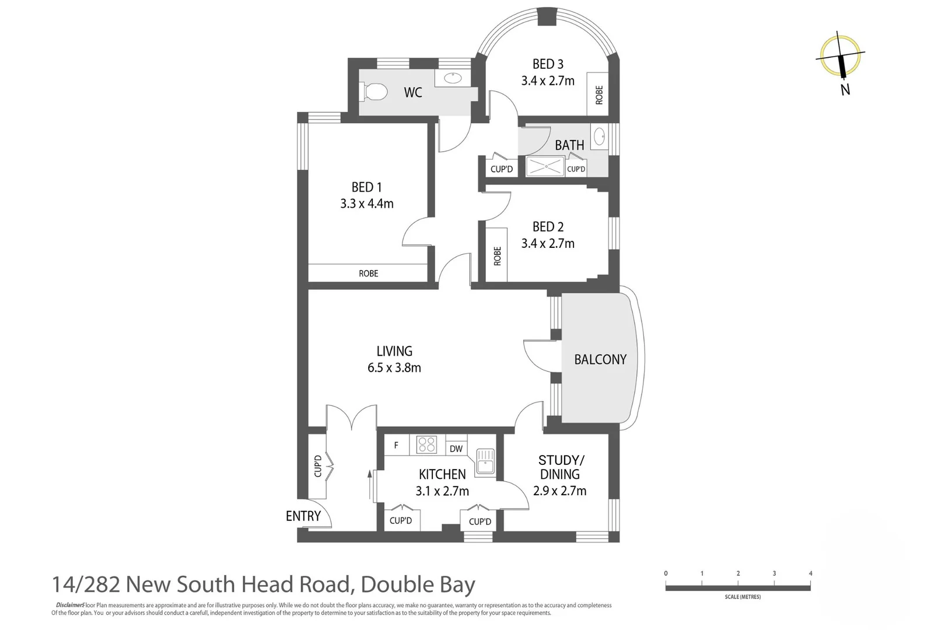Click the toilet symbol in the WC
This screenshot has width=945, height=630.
click(x=376, y=92)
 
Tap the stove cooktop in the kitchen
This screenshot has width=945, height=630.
click(x=426, y=444)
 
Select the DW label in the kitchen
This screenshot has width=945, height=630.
click(x=456, y=449)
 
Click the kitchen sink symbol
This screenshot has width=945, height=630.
click(x=485, y=461)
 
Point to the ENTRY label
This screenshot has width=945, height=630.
click(x=303, y=516)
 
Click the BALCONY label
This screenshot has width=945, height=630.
click(x=600, y=359)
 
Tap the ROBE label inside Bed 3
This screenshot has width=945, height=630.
click(x=599, y=94)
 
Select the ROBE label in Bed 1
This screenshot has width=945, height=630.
click(x=368, y=273)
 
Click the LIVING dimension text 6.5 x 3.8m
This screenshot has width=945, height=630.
click(x=394, y=367)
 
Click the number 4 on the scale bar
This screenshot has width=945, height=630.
click(x=810, y=573)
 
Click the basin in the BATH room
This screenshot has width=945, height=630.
click(x=599, y=137)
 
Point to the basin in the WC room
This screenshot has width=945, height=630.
click(x=452, y=78)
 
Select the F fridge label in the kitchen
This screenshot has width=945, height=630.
click(x=396, y=445)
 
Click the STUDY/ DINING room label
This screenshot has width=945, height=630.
click(x=560, y=467)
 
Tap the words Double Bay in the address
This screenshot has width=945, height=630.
click(x=418, y=584)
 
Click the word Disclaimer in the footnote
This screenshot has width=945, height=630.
click(x=69, y=605)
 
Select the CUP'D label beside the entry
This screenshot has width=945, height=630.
click(x=318, y=466)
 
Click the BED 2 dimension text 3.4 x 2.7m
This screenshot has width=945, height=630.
click(x=548, y=243)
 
